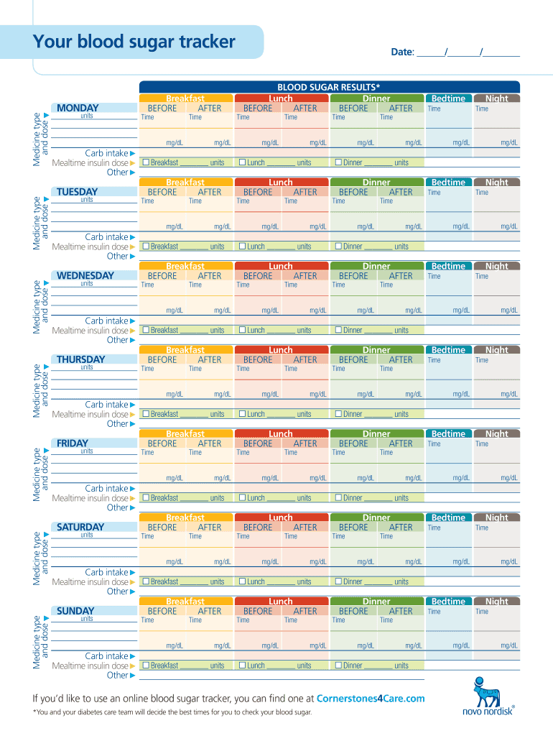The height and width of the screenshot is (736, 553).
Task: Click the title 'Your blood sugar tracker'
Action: (134, 42)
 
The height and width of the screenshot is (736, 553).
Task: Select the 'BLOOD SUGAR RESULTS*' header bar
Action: (329, 87)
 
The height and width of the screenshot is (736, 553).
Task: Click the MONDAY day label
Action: (78, 109)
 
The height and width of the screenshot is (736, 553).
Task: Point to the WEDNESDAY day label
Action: (85, 276)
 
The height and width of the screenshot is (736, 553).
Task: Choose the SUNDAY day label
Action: (75, 612)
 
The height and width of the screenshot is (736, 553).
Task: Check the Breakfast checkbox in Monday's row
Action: (146, 162)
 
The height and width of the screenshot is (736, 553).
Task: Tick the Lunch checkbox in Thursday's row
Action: (242, 414)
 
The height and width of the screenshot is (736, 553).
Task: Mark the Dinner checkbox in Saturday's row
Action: (338, 581)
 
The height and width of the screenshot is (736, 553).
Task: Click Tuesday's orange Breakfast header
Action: (185, 183)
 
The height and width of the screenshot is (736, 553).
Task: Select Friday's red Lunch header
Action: (281, 434)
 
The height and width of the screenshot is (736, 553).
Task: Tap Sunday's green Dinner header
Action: (376, 602)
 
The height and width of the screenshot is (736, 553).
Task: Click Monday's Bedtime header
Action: (448, 98)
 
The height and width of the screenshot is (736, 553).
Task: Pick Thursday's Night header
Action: (496, 350)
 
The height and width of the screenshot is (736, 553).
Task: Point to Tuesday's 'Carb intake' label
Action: (106, 237)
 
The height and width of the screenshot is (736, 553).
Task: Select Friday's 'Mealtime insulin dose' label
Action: (90, 498)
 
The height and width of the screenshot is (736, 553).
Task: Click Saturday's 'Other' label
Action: (117, 592)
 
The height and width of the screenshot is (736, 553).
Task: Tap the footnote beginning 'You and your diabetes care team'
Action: (172, 712)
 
